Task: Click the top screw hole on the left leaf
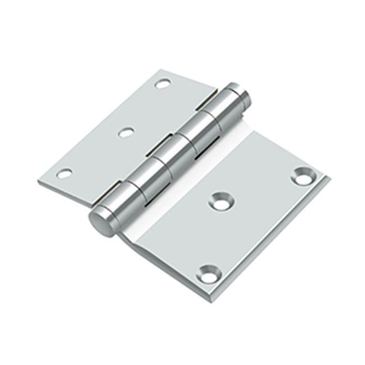(x=162, y=84)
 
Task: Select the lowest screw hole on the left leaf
(x=65, y=174)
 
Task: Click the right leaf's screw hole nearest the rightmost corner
(x=304, y=175)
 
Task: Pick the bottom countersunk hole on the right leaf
(x=208, y=273)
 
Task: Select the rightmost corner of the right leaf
(x=329, y=178)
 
